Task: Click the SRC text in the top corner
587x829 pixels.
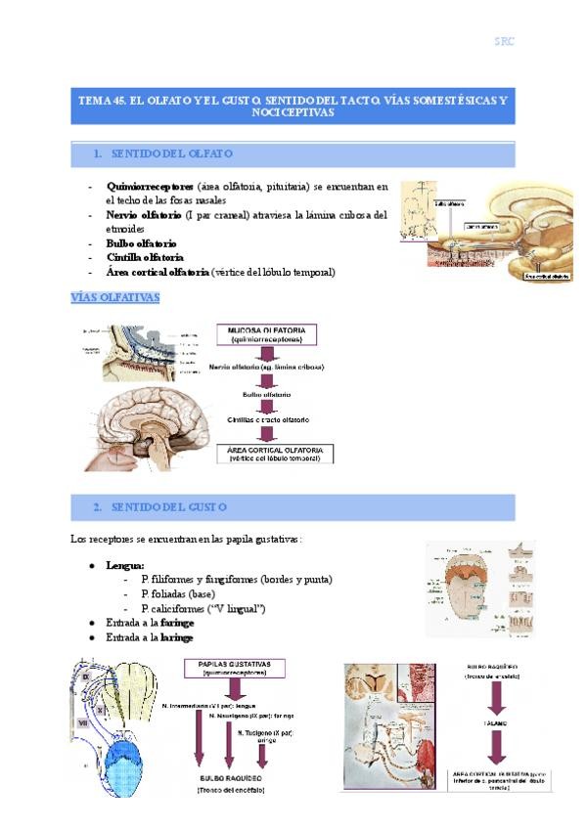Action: (x=504, y=41)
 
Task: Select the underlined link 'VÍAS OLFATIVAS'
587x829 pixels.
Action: (x=115, y=296)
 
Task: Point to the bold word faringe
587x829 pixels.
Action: (x=177, y=622)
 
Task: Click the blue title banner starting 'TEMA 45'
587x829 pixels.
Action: (x=293, y=106)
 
